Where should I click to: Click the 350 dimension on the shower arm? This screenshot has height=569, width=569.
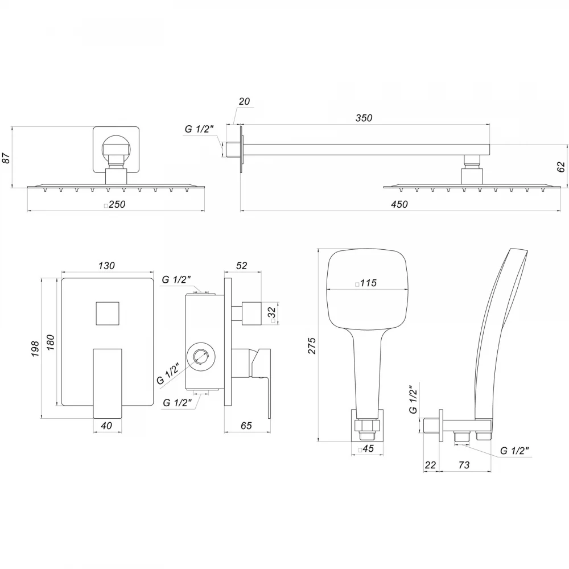coord(364,118)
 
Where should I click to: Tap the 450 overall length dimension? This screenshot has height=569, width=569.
coord(399,204)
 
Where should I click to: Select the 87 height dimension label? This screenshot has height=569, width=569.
coord(6,158)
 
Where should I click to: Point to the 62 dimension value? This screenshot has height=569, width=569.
coord(561,167)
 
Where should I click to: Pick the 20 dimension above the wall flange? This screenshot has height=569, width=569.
coord(244,101)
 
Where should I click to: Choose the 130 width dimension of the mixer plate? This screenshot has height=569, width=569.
coord(106,266)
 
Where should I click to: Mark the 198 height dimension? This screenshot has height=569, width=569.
coord(35,349)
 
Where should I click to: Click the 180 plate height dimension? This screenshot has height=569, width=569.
coord(50,342)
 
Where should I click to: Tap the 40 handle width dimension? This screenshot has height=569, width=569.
coord(106,425)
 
